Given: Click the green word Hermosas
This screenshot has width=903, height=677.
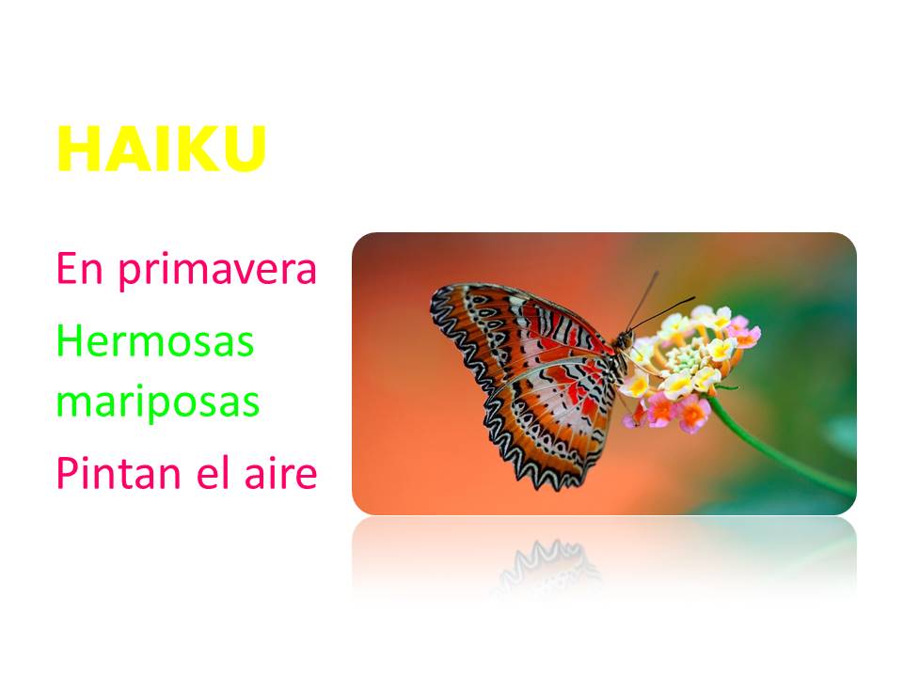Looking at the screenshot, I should pos(155,340).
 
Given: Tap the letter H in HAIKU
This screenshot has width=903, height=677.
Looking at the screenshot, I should pos(76,149).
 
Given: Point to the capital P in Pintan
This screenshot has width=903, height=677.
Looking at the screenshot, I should pos(66,475).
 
